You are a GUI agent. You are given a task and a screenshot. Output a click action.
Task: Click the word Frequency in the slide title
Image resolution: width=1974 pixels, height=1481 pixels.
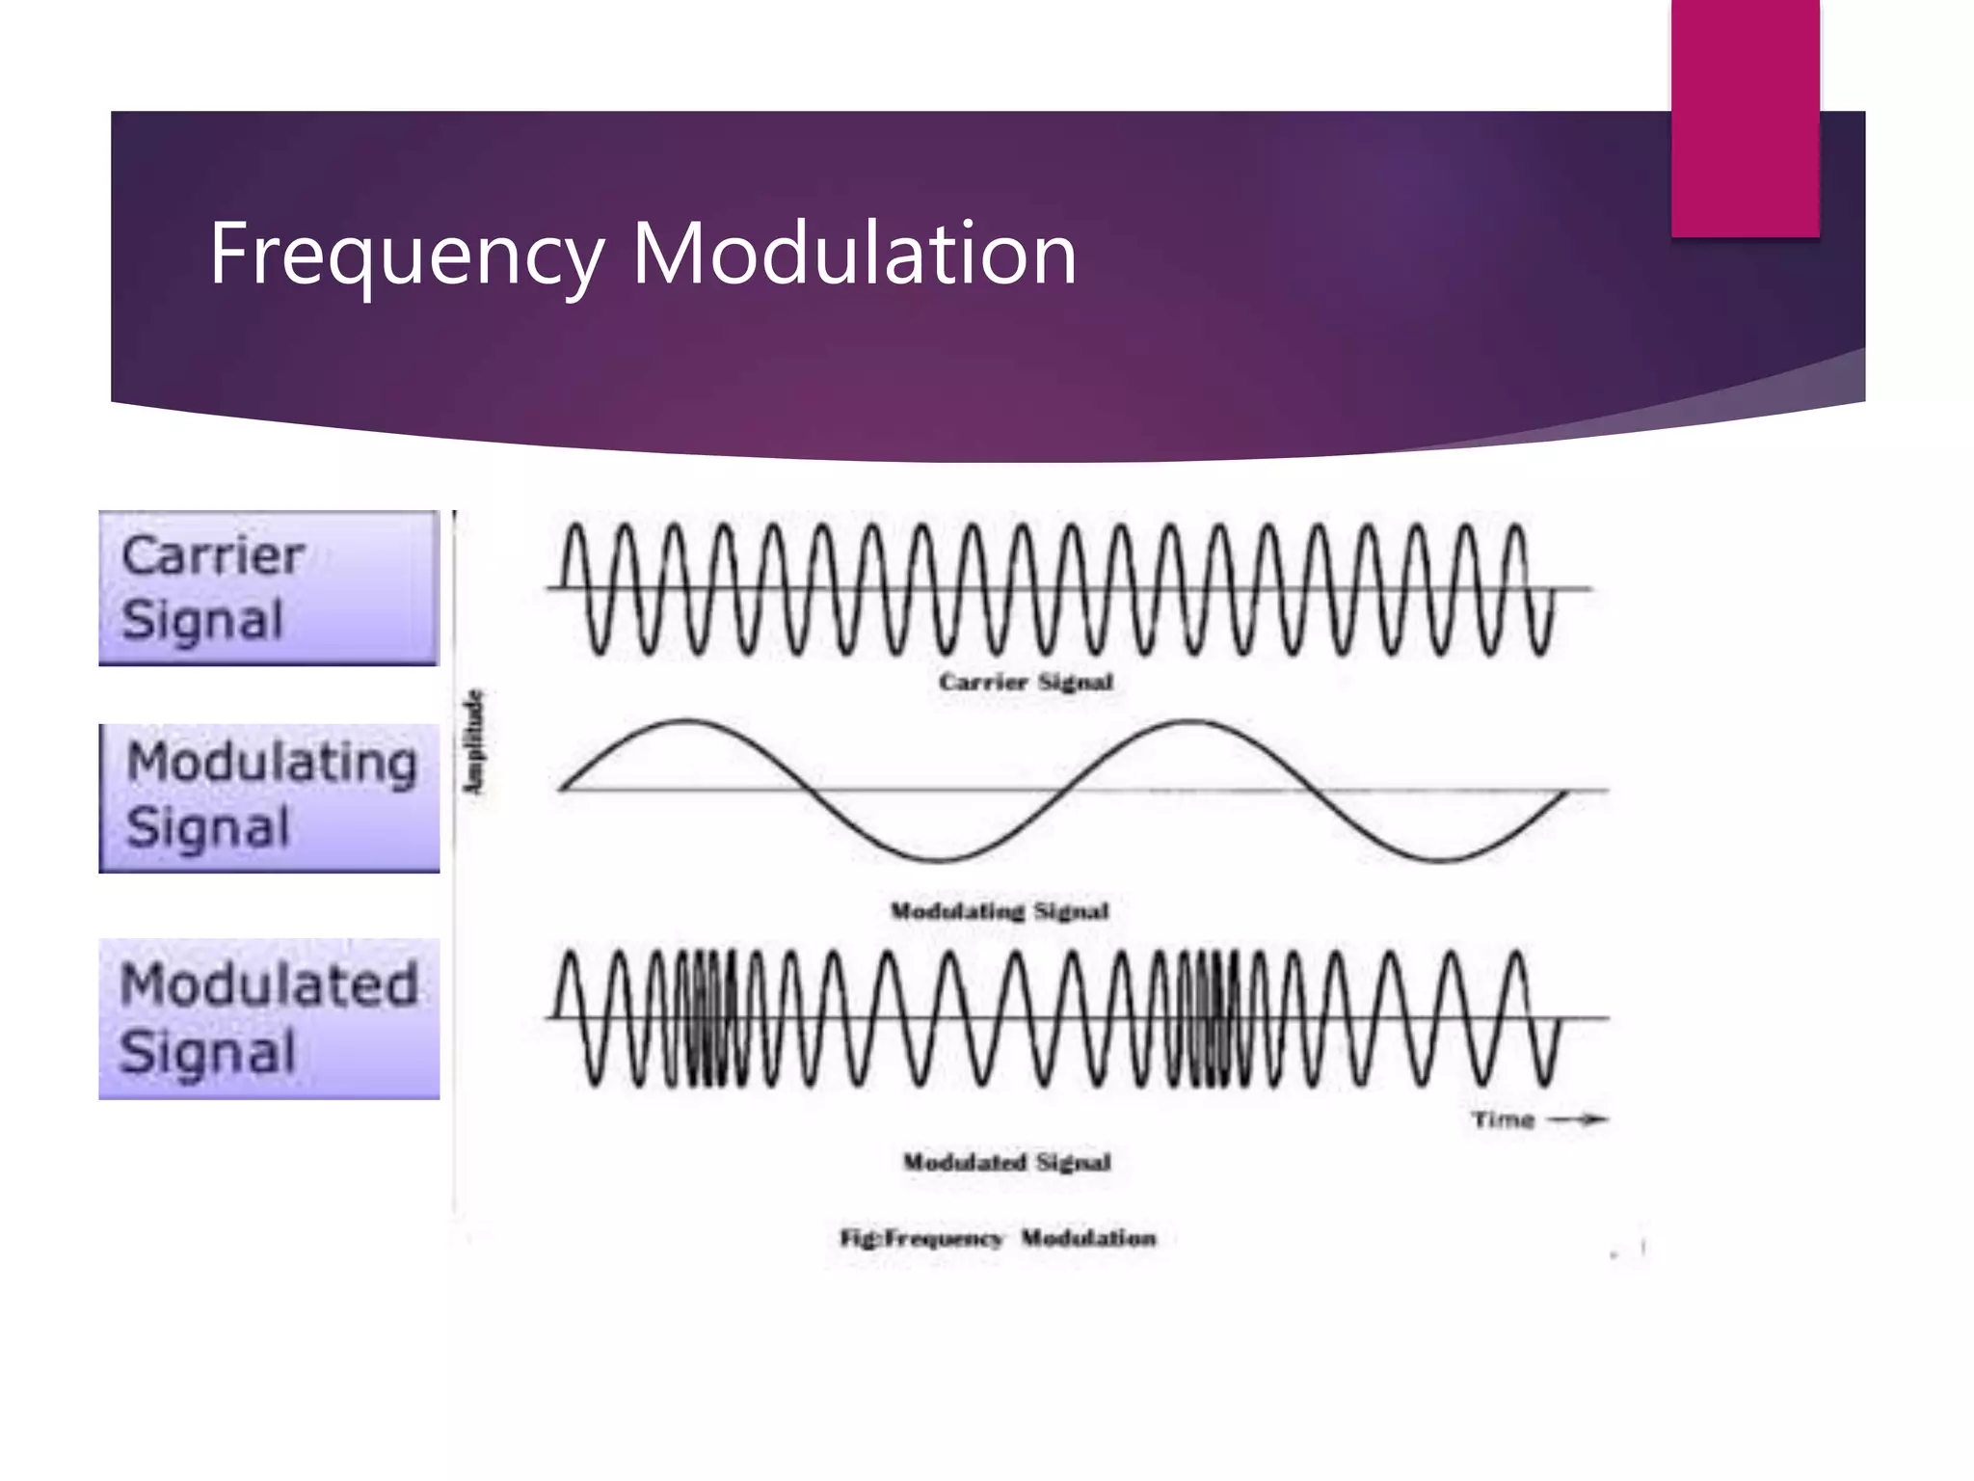[406, 254]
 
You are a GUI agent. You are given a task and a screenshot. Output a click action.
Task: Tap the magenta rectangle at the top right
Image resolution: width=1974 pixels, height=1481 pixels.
[1745, 118]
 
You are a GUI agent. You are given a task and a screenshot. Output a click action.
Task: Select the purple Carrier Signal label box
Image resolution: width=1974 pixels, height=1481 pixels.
[269, 587]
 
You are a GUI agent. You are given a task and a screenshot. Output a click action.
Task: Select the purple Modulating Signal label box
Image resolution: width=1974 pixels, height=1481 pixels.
[269, 798]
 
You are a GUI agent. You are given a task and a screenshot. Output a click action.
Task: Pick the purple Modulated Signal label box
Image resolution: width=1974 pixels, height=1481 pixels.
[269, 1019]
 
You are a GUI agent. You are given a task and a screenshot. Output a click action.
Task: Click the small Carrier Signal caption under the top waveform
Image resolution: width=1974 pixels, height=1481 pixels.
[1026, 682]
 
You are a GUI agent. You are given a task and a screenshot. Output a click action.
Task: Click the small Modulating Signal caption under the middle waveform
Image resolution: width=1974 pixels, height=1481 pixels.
[1000, 911]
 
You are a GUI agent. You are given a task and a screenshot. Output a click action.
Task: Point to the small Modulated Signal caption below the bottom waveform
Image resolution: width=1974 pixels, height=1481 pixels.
[1006, 1162]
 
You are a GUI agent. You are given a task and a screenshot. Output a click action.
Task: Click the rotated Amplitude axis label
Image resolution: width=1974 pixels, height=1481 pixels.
[473, 742]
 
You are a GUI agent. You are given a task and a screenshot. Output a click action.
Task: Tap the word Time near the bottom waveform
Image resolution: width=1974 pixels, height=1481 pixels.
[1503, 1119]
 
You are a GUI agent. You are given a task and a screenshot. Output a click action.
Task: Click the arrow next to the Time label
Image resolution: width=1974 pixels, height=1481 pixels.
[1579, 1119]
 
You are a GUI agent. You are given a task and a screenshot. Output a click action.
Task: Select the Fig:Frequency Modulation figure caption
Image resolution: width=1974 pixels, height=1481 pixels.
[998, 1238]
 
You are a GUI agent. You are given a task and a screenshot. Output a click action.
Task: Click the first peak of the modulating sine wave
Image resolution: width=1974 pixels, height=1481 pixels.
[685, 721]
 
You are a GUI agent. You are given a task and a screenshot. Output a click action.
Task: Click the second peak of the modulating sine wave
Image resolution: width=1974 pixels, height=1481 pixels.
[1191, 721]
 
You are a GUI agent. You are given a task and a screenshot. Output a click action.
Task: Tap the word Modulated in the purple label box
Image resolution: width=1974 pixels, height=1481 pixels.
[269, 985]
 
